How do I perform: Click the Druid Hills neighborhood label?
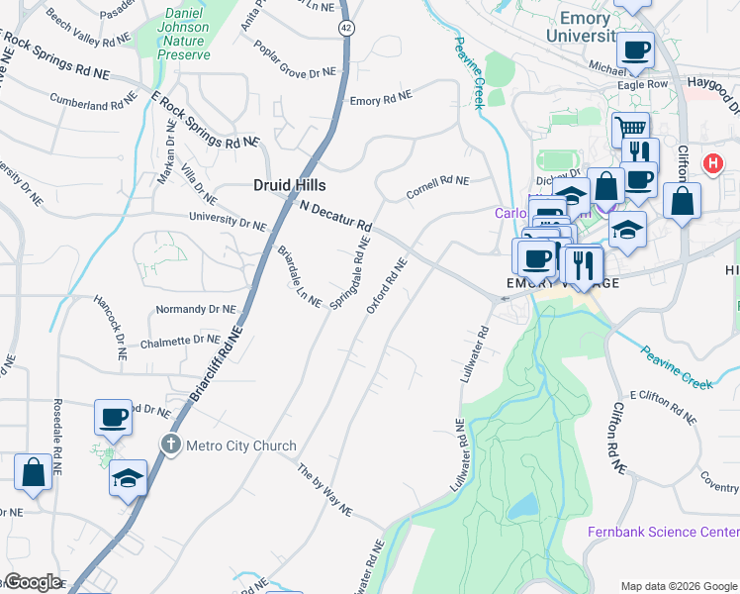click(288, 185)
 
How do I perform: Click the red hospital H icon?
click(710, 163)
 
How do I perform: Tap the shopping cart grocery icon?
click(630, 127)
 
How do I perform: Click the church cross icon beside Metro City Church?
click(171, 445)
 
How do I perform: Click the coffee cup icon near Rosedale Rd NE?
click(113, 417)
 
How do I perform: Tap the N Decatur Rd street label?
click(335, 211)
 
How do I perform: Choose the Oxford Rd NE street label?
click(387, 286)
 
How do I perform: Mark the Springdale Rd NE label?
click(350, 272)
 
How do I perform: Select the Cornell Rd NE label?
click(437, 187)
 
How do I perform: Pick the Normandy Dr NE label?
click(194, 310)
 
